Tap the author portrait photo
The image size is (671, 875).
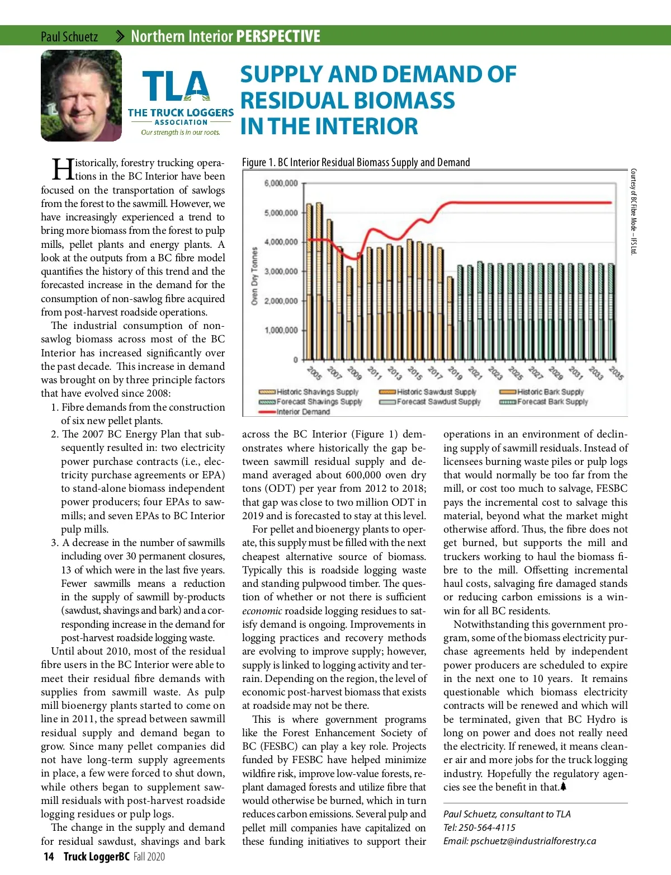point(81,95)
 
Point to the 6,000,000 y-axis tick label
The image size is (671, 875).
point(281,184)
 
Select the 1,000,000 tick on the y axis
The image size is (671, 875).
point(281,330)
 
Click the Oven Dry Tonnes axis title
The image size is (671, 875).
point(254,276)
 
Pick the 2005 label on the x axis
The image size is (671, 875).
point(315,373)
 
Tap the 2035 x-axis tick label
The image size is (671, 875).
point(616,373)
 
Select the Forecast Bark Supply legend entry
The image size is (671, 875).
point(552,402)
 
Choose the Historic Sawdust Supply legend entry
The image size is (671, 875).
point(436,392)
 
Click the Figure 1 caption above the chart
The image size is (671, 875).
point(356,162)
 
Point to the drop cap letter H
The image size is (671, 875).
point(62,168)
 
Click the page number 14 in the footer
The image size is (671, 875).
point(49,857)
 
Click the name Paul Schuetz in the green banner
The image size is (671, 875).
point(69,37)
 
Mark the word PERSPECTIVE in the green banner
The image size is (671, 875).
point(278,37)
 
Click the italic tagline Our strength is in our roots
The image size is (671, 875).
point(181,133)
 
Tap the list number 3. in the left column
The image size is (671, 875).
point(55,543)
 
